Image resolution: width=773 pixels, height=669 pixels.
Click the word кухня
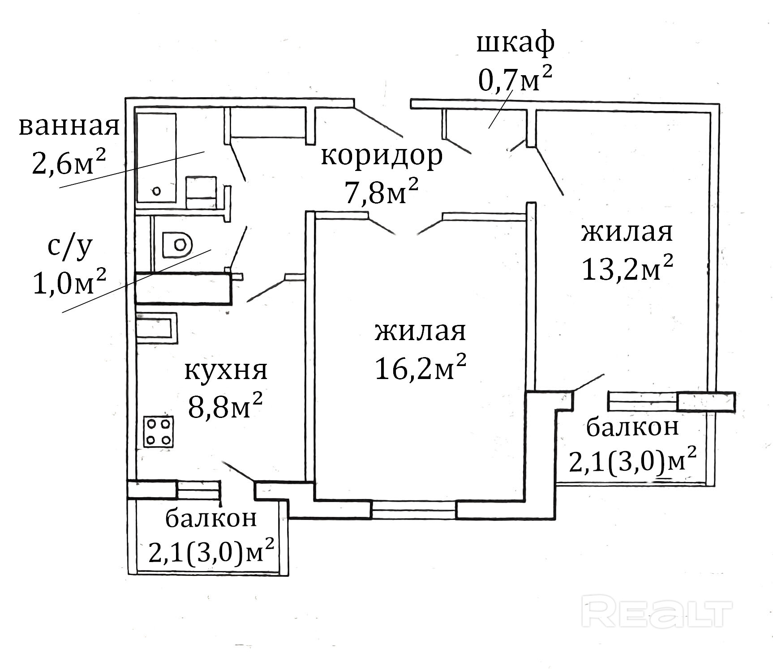(226, 371)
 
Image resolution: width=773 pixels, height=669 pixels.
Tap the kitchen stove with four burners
(159, 431)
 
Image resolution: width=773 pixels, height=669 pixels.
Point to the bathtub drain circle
(156, 191)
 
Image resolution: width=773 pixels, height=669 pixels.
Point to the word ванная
(69, 127)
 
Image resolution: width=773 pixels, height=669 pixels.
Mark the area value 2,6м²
(69, 162)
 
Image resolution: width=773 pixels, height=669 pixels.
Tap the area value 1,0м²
(70, 282)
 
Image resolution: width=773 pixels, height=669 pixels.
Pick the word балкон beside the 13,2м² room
(632, 427)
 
